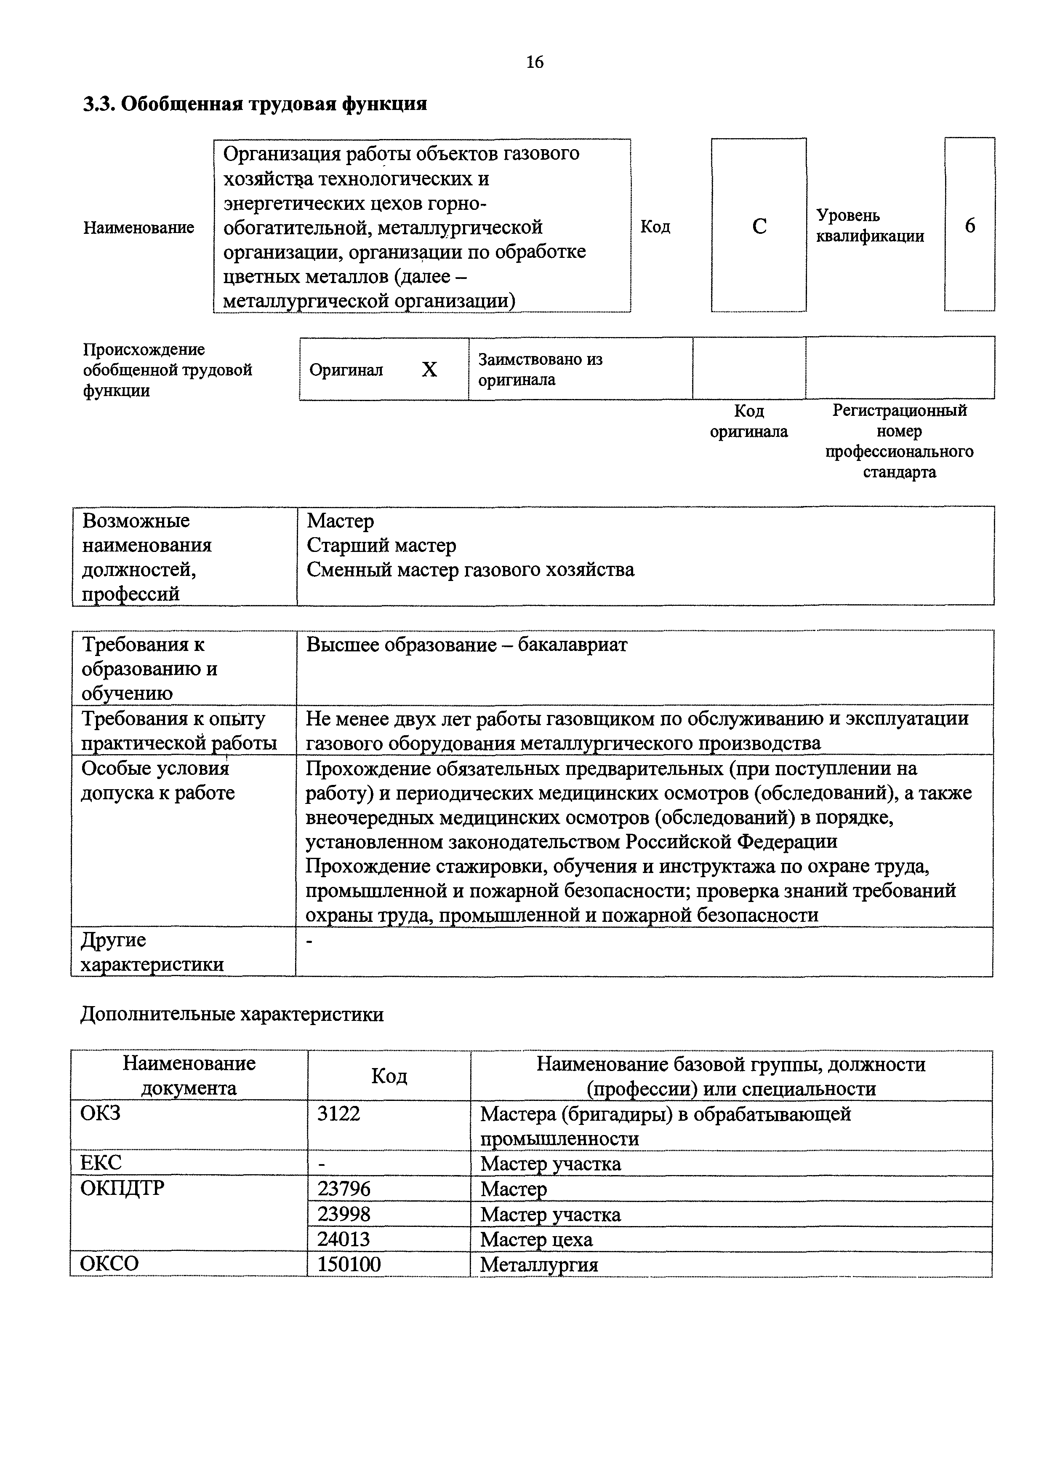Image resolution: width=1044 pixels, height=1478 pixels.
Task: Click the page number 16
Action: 535,62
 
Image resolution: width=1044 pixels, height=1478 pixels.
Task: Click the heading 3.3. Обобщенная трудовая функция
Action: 256,104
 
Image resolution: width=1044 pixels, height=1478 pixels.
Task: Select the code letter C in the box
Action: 759,227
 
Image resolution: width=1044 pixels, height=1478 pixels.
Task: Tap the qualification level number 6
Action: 969,226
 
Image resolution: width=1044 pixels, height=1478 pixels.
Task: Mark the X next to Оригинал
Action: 429,369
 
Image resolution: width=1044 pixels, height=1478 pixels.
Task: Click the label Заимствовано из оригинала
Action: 541,369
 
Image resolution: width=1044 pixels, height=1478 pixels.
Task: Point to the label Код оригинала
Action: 749,421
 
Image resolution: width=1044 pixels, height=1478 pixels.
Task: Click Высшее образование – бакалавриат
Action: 466,645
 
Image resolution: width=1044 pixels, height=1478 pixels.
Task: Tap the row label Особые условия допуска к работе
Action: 157,781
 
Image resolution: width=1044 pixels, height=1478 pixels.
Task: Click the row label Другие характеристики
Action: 152,952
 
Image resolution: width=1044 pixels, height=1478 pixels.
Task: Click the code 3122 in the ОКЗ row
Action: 339,1114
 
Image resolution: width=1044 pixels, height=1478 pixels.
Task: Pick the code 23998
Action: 344,1215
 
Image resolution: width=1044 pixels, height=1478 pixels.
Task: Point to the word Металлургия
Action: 539,1265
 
